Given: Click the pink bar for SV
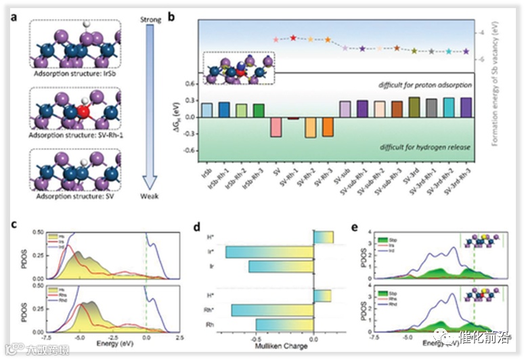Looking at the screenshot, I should pos(276,127).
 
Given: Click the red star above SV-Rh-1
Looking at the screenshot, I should pos(293,38).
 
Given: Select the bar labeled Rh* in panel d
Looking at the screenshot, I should pos(273,311).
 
